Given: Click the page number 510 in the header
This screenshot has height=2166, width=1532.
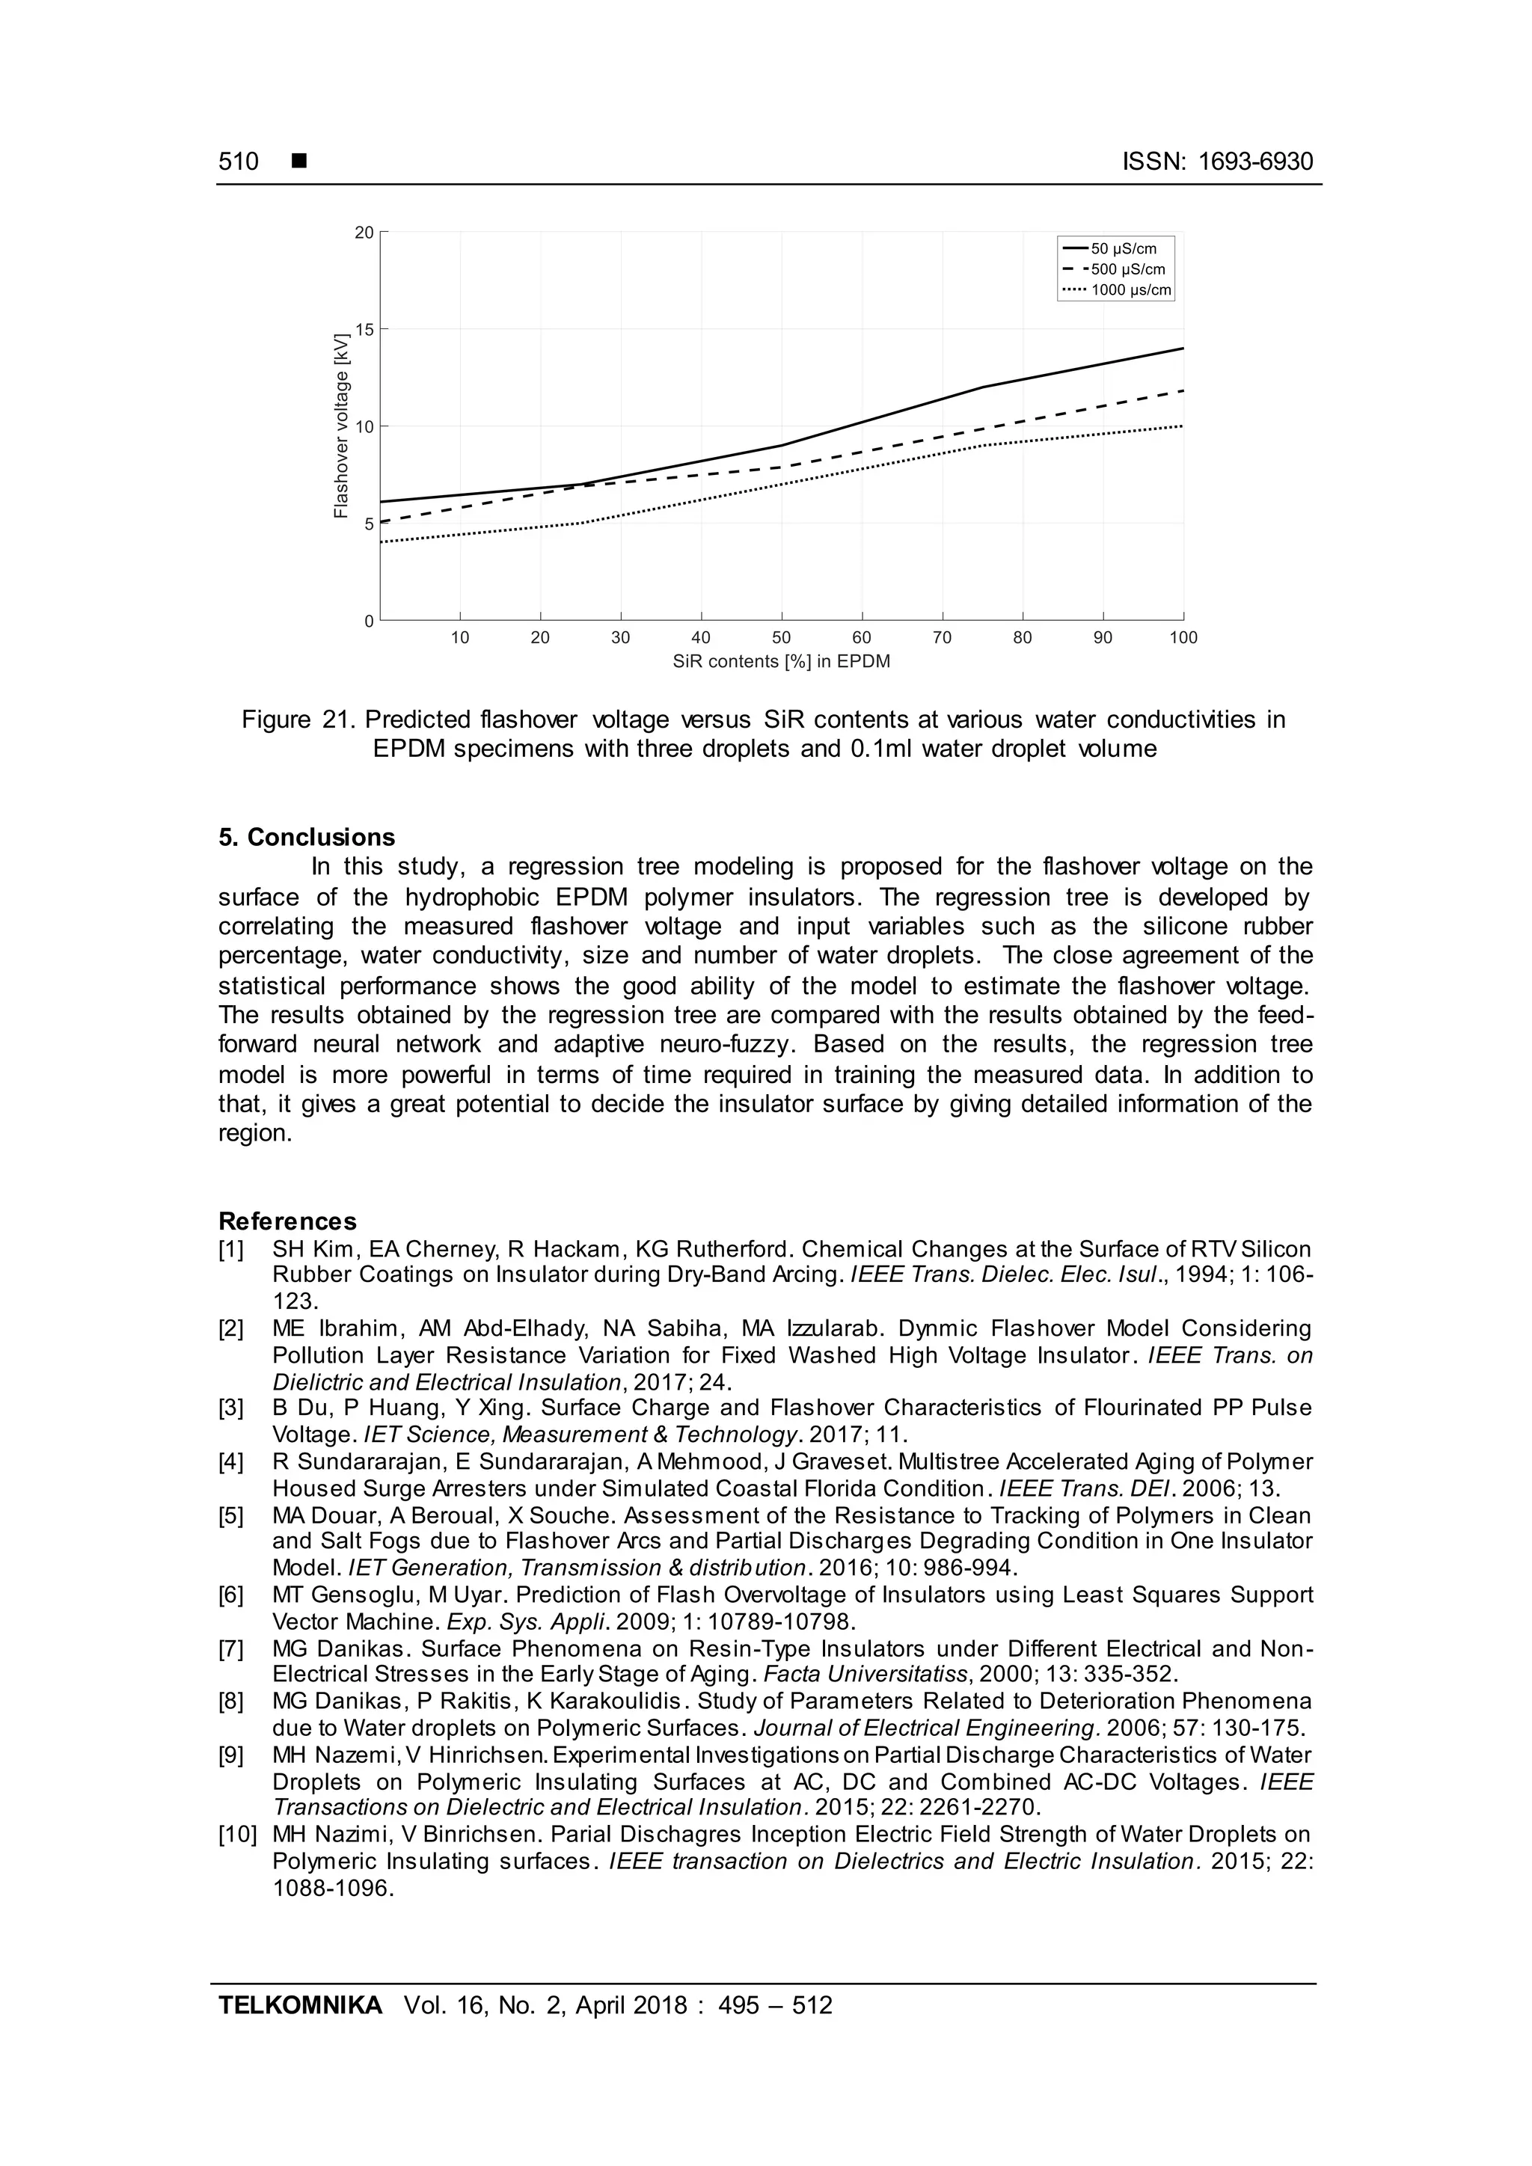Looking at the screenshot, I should click(x=239, y=162).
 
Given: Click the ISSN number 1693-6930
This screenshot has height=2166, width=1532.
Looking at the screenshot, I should click(x=1254, y=162).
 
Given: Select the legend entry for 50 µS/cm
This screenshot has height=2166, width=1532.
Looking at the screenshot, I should click(x=1123, y=249).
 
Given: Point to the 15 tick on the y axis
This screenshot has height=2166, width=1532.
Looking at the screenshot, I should click(x=364, y=329).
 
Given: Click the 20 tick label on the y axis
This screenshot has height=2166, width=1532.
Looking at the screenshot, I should click(x=364, y=232).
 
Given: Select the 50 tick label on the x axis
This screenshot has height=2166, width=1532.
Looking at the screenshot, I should click(x=781, y=638).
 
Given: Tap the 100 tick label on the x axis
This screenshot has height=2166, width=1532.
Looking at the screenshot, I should click(x=1183, y=638).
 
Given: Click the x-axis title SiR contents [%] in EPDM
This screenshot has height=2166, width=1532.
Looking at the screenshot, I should click(x=781, y=662).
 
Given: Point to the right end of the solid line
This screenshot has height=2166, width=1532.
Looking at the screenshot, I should click(x=1182, y=349).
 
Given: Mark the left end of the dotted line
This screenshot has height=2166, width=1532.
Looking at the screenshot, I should click(x=381, y=542).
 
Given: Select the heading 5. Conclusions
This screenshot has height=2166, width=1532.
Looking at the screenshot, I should click(x=307, y=838).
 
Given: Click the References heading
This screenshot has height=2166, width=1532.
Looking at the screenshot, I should click(x=288, y=1221).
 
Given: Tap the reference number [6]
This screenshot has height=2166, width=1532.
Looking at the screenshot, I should click(x=231, y=1595).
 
